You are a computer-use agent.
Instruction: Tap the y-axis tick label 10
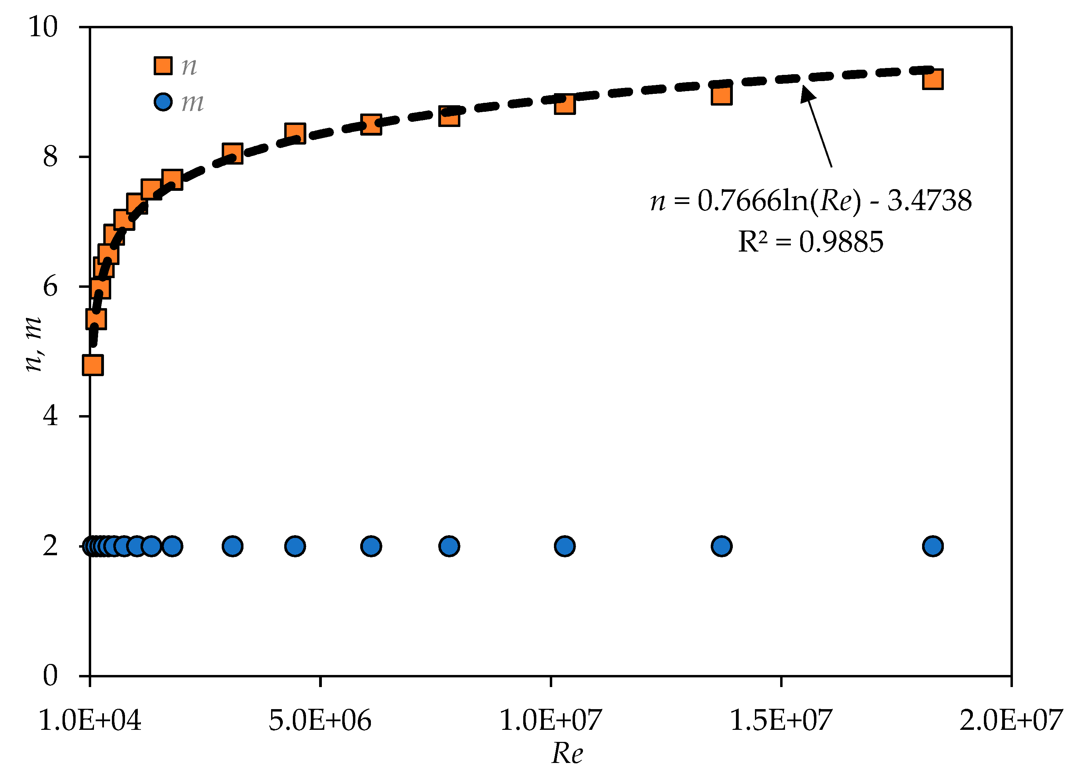(43, 27)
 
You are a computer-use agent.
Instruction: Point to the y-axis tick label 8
(50, 157)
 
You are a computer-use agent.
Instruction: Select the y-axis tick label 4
(50, 416)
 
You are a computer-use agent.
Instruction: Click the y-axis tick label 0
(50, 676)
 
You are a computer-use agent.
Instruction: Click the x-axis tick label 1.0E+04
(90, 721)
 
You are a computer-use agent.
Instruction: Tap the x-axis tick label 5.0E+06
(320, 721)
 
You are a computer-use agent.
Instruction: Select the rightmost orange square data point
(932, 79)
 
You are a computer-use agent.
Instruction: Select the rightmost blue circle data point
(932, 546)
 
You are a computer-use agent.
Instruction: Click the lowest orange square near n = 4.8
(93, 365)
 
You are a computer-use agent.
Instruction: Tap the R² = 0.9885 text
(811, 242)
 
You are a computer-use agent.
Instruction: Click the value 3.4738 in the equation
(929, 200)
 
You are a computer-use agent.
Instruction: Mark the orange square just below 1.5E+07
(721, 95)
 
